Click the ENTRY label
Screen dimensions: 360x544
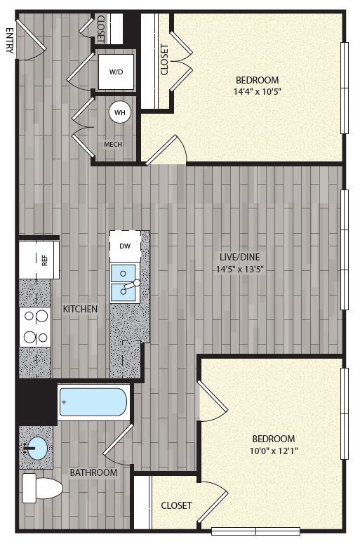point(9,41)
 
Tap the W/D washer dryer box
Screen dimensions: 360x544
point(116,72)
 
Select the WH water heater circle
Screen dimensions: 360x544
point(120,112)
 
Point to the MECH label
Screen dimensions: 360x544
point(113,144)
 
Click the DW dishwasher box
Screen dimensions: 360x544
point(125,246)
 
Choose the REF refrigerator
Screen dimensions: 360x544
point(39,260)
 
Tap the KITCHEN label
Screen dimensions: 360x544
point(80,309)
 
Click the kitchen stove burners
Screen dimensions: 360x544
point(35,326)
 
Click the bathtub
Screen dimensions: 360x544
point(93,402)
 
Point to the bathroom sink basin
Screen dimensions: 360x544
point(35,449)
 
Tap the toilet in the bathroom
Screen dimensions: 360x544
point(42,488)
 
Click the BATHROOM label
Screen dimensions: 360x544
point(93,472)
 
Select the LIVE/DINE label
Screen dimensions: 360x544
point(240,257)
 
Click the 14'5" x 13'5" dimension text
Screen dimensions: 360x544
point(240,269)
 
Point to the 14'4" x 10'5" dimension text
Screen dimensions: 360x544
point(257,92)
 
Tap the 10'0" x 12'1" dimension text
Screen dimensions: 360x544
point(274,451)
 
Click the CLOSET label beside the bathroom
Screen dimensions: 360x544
point(176,505)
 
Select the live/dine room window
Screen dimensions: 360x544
point(344,249)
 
